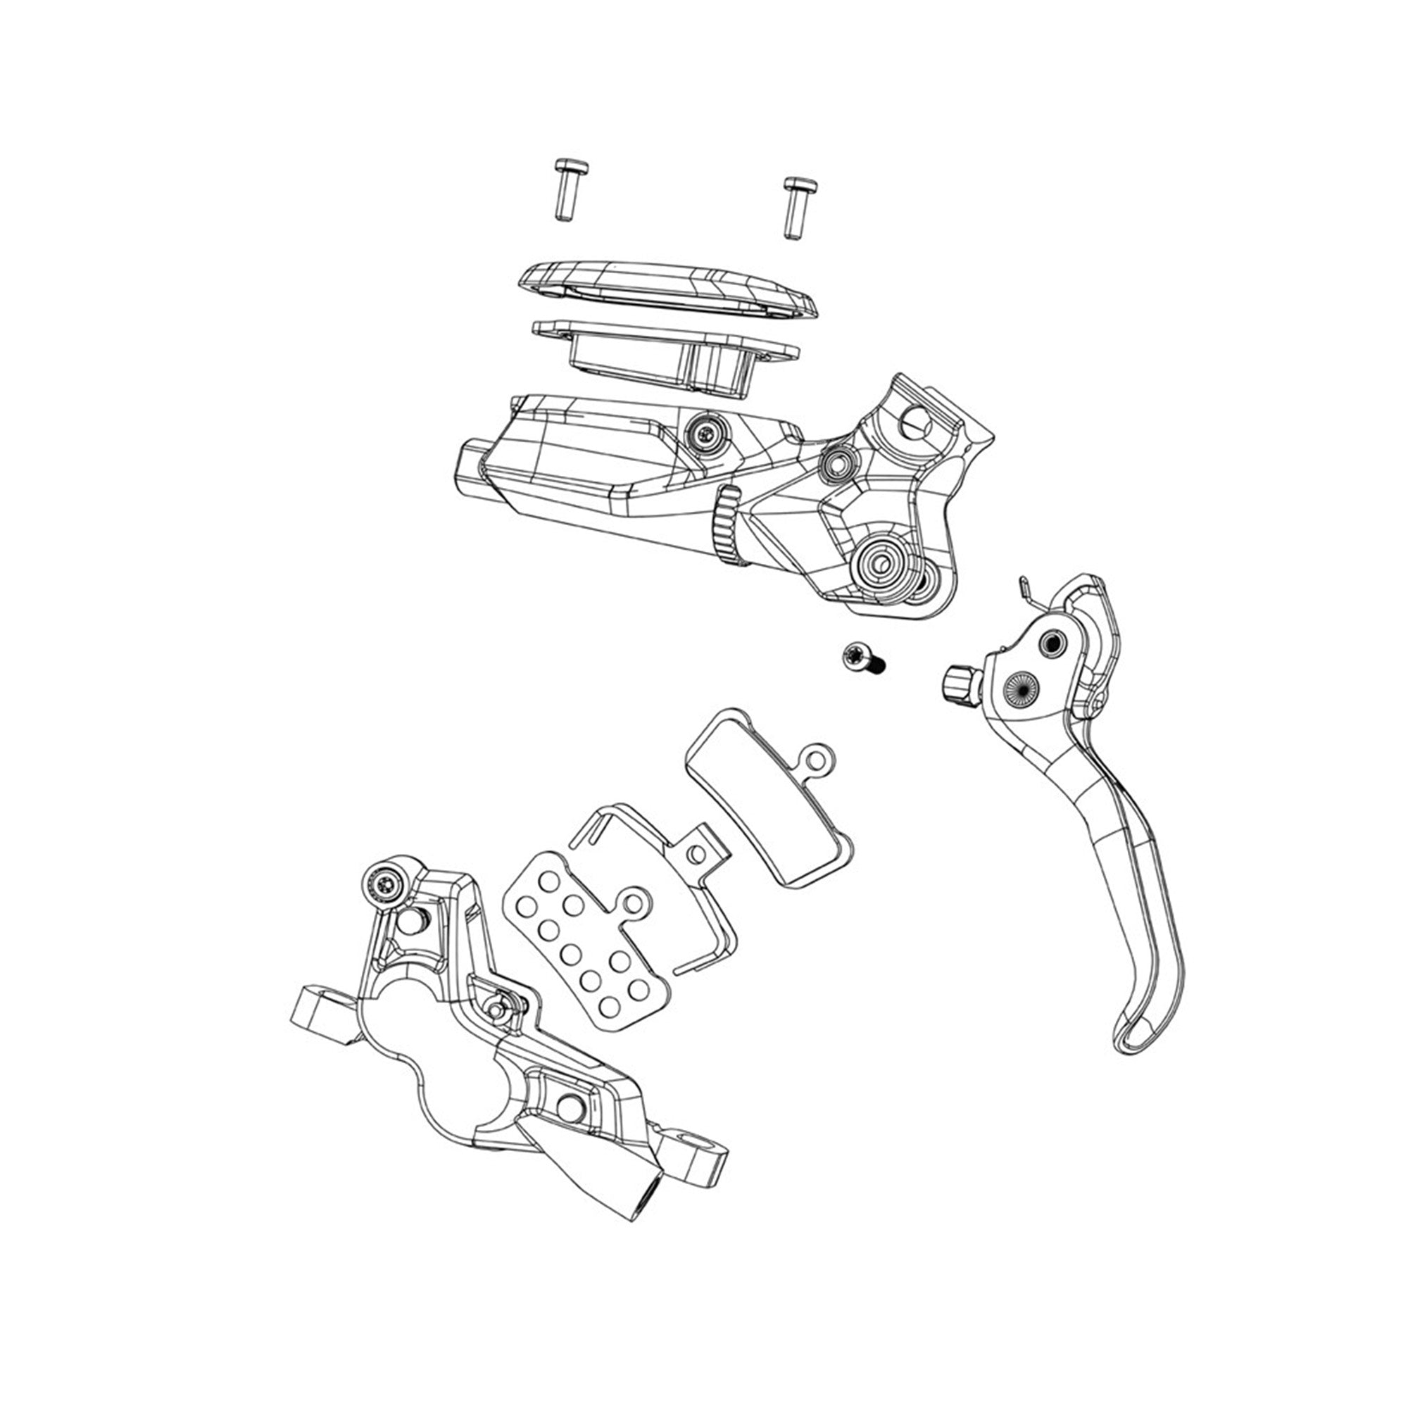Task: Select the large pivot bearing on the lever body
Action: coord(879,562)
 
